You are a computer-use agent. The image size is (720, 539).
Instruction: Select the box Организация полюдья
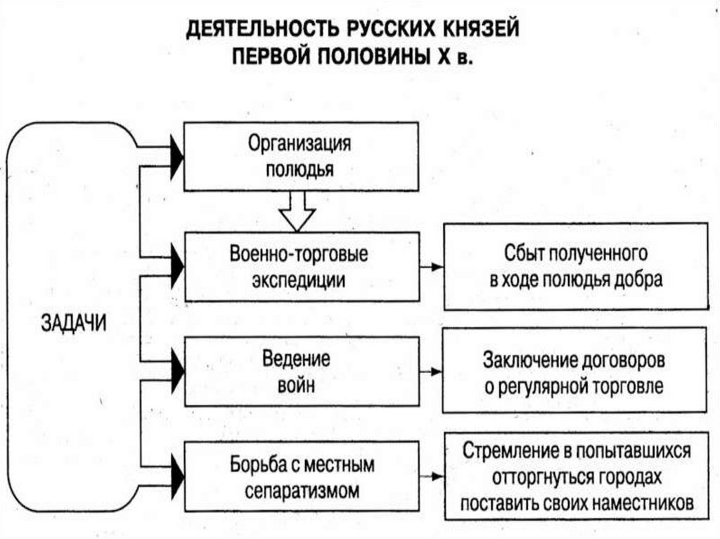301,156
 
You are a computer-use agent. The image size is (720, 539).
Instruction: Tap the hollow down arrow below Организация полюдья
298,210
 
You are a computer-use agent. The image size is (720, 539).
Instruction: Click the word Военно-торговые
299,253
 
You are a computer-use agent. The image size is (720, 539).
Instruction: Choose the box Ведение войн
301,371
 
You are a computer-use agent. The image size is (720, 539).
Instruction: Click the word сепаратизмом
302,490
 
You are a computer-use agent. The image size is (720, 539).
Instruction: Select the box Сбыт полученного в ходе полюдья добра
576,266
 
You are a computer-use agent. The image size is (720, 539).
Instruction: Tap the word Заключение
531,359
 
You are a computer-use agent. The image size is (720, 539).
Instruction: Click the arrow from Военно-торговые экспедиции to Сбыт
431,267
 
